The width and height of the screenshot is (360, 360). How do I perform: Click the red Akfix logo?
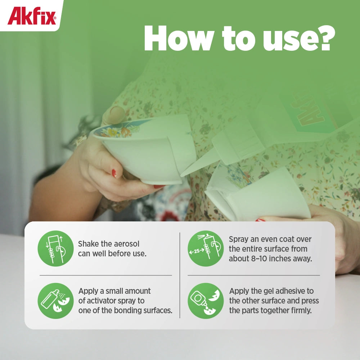tap(32, 16)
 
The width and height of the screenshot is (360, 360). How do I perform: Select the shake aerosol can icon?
tap(55, 248)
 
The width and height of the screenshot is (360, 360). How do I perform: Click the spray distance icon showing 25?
tap(206, 248)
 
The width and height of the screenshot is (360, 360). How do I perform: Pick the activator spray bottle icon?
tap(55, 301)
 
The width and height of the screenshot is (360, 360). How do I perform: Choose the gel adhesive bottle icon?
tap(206, 301)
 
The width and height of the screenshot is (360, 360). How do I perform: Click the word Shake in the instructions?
tap(89, 244)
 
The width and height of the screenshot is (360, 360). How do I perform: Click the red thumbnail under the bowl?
tap(114, 174)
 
